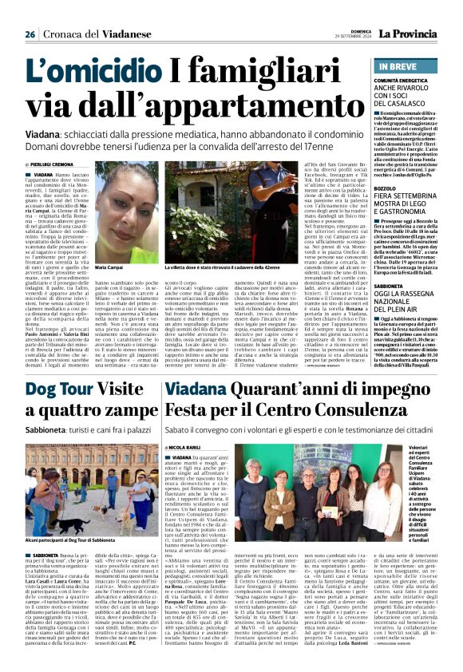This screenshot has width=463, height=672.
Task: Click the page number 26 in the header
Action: [30, 34]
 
